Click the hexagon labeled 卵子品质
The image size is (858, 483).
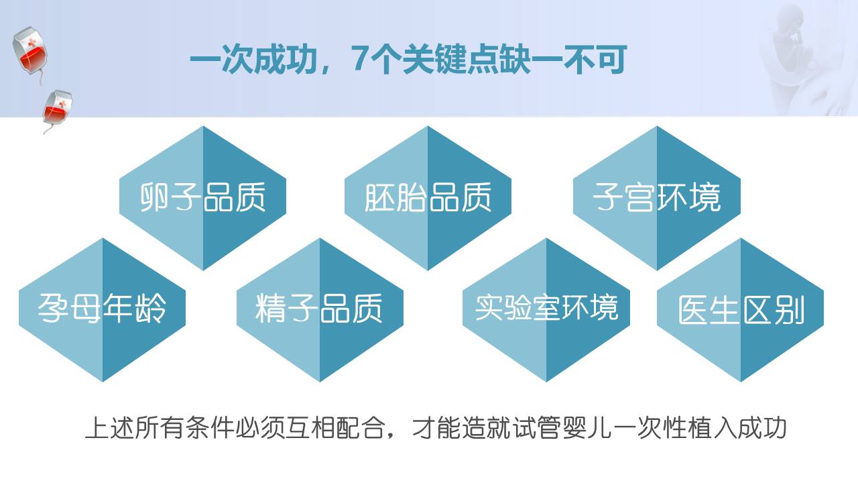(x=202, y=198)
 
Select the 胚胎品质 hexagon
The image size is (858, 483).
(x=428, y=198)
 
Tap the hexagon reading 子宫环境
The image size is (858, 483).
(x=657, y=198)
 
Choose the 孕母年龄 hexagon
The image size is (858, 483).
(x=103, y=310)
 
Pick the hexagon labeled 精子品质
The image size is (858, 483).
(x=320, y=310)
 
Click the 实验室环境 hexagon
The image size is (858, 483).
(x=546, y=310)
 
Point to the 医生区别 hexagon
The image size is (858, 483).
(x=741, y=310)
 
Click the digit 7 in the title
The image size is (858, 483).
(x=359, y=60)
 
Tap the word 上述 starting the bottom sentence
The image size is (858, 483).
(x=109, y=427)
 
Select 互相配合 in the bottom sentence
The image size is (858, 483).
(x=337, y=427)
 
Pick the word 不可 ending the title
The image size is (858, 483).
(x=595, y=60)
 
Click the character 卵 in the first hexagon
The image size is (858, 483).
(x=154, y=197)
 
